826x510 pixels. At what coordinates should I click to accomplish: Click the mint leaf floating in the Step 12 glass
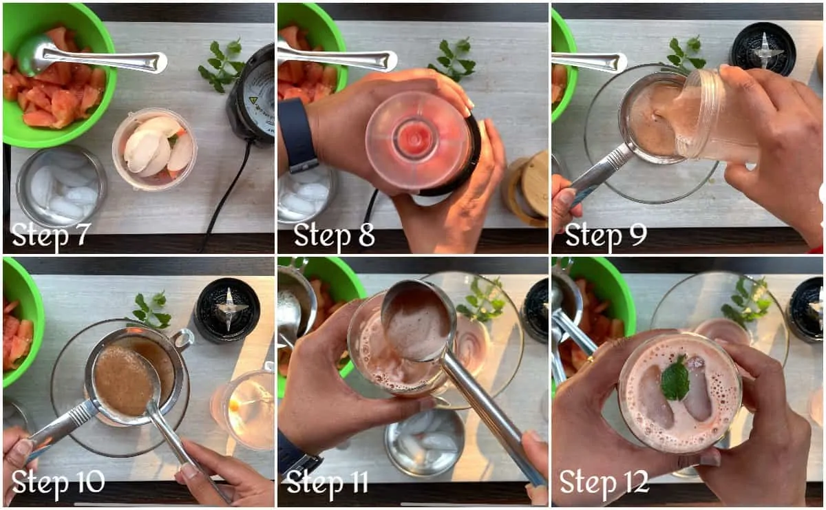coord(675,378)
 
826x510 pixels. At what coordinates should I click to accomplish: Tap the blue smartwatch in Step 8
coord(298,136)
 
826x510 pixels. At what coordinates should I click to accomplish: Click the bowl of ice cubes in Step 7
coord(61,187)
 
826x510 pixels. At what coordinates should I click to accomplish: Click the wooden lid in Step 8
coord(526,188)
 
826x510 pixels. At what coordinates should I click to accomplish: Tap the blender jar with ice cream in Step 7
coord(155,149)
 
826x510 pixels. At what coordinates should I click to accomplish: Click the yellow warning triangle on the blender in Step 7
coord(254,100)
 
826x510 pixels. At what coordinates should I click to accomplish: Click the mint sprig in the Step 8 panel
coord(453,59)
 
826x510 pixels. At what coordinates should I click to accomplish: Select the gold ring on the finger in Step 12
coord(590,359)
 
